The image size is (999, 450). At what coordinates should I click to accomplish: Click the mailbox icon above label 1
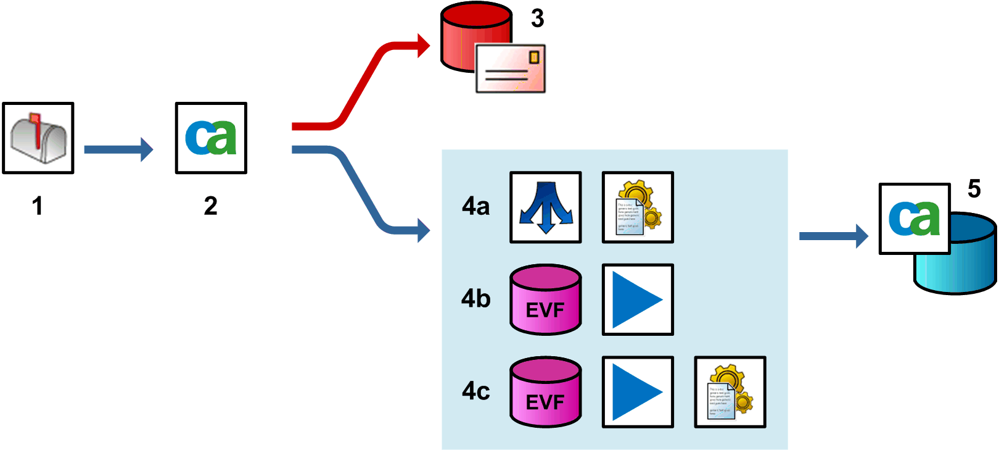38,138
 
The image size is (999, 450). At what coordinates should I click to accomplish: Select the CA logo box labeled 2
211,138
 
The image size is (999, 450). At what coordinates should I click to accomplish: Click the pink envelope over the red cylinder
511,69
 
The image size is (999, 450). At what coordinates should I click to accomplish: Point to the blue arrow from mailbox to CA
117,149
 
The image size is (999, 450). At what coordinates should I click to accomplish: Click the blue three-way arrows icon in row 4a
545,207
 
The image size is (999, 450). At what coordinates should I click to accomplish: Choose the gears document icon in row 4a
638,207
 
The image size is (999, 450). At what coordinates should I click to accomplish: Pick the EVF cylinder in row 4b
545,300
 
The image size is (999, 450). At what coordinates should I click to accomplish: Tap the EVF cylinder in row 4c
545,392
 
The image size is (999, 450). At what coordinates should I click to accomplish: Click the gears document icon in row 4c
730,392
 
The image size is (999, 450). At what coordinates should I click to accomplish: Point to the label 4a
475,207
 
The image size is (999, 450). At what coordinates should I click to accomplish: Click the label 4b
475,299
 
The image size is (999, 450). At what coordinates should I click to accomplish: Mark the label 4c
475,391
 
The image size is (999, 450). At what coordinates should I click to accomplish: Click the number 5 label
974,189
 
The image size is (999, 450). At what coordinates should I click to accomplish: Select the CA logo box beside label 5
914,219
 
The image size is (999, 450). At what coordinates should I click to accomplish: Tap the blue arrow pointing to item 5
832,236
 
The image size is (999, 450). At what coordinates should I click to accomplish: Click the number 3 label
537,19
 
